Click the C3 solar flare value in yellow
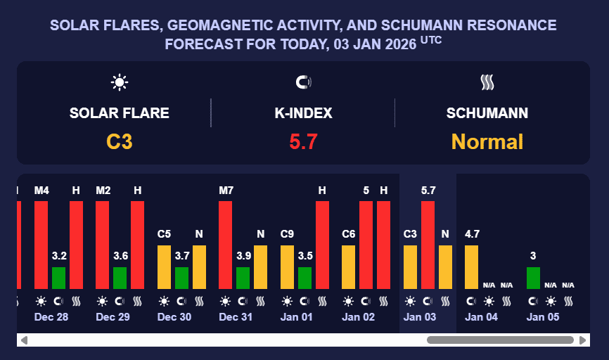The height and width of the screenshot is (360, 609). (x=120, y=142)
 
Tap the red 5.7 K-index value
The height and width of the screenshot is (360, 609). (x=303, y=142)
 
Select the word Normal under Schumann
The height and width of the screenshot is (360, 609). (x=487, y=142)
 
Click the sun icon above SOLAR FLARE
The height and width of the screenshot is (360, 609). (x=120, y=83)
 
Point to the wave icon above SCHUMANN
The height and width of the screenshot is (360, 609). (x=487, y=83)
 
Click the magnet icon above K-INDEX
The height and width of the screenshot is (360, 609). (x=303, y=83)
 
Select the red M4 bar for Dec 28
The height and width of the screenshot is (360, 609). (x=41, y=245)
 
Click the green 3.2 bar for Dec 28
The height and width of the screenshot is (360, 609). (x=59, y=278)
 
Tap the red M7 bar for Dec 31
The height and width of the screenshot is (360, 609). (x=226, y=245)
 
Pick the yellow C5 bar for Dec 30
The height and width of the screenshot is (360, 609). (x=164, y=266)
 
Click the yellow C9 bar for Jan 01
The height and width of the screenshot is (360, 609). (x=287, y=266)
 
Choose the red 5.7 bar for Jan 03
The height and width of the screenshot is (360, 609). (x=428, y=245)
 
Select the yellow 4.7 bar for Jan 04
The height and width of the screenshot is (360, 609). (x=472, y=266)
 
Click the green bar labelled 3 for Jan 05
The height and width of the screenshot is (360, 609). (x=533, y=278)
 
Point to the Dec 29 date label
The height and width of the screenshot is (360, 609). (x=113, y=317)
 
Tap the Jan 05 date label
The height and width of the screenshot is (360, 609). (x=544, y=317)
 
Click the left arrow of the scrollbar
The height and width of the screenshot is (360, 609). (x=24, y=340)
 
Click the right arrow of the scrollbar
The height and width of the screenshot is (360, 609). (x=583, y=340)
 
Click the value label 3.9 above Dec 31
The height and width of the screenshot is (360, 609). (x=243, y=255)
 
